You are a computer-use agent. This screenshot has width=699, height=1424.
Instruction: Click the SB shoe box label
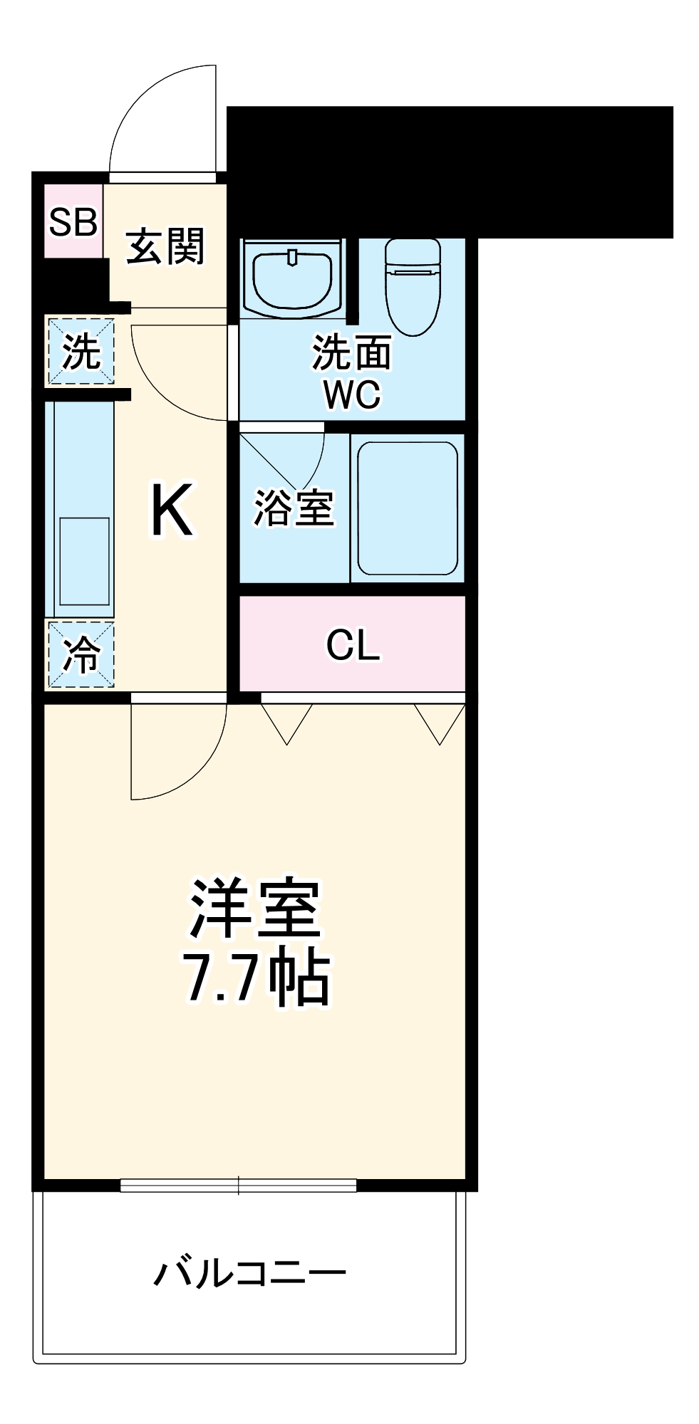point(73,222)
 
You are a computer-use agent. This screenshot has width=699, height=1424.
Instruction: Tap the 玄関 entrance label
point(166,246)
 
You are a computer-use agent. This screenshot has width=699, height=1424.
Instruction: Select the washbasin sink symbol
point(293,278)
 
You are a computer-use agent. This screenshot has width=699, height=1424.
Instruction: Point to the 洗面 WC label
point(352,373)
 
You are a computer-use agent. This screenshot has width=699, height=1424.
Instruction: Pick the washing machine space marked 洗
point(81,352)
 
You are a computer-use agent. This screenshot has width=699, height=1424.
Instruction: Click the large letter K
point(171,510)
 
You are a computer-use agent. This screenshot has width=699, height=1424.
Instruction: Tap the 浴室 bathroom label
point(294,508)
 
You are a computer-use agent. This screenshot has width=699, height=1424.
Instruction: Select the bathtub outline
point(408,508)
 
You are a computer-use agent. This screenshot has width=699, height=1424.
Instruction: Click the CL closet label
point(353,644)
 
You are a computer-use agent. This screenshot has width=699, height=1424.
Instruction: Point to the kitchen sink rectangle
point(84,562)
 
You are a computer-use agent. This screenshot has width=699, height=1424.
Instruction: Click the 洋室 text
point(254,909)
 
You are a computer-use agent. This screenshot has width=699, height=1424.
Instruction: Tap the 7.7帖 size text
point(257,976)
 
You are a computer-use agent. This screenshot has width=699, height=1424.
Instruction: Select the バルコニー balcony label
point(250,1273)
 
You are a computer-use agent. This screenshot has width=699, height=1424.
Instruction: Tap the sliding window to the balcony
point(238,1185)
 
